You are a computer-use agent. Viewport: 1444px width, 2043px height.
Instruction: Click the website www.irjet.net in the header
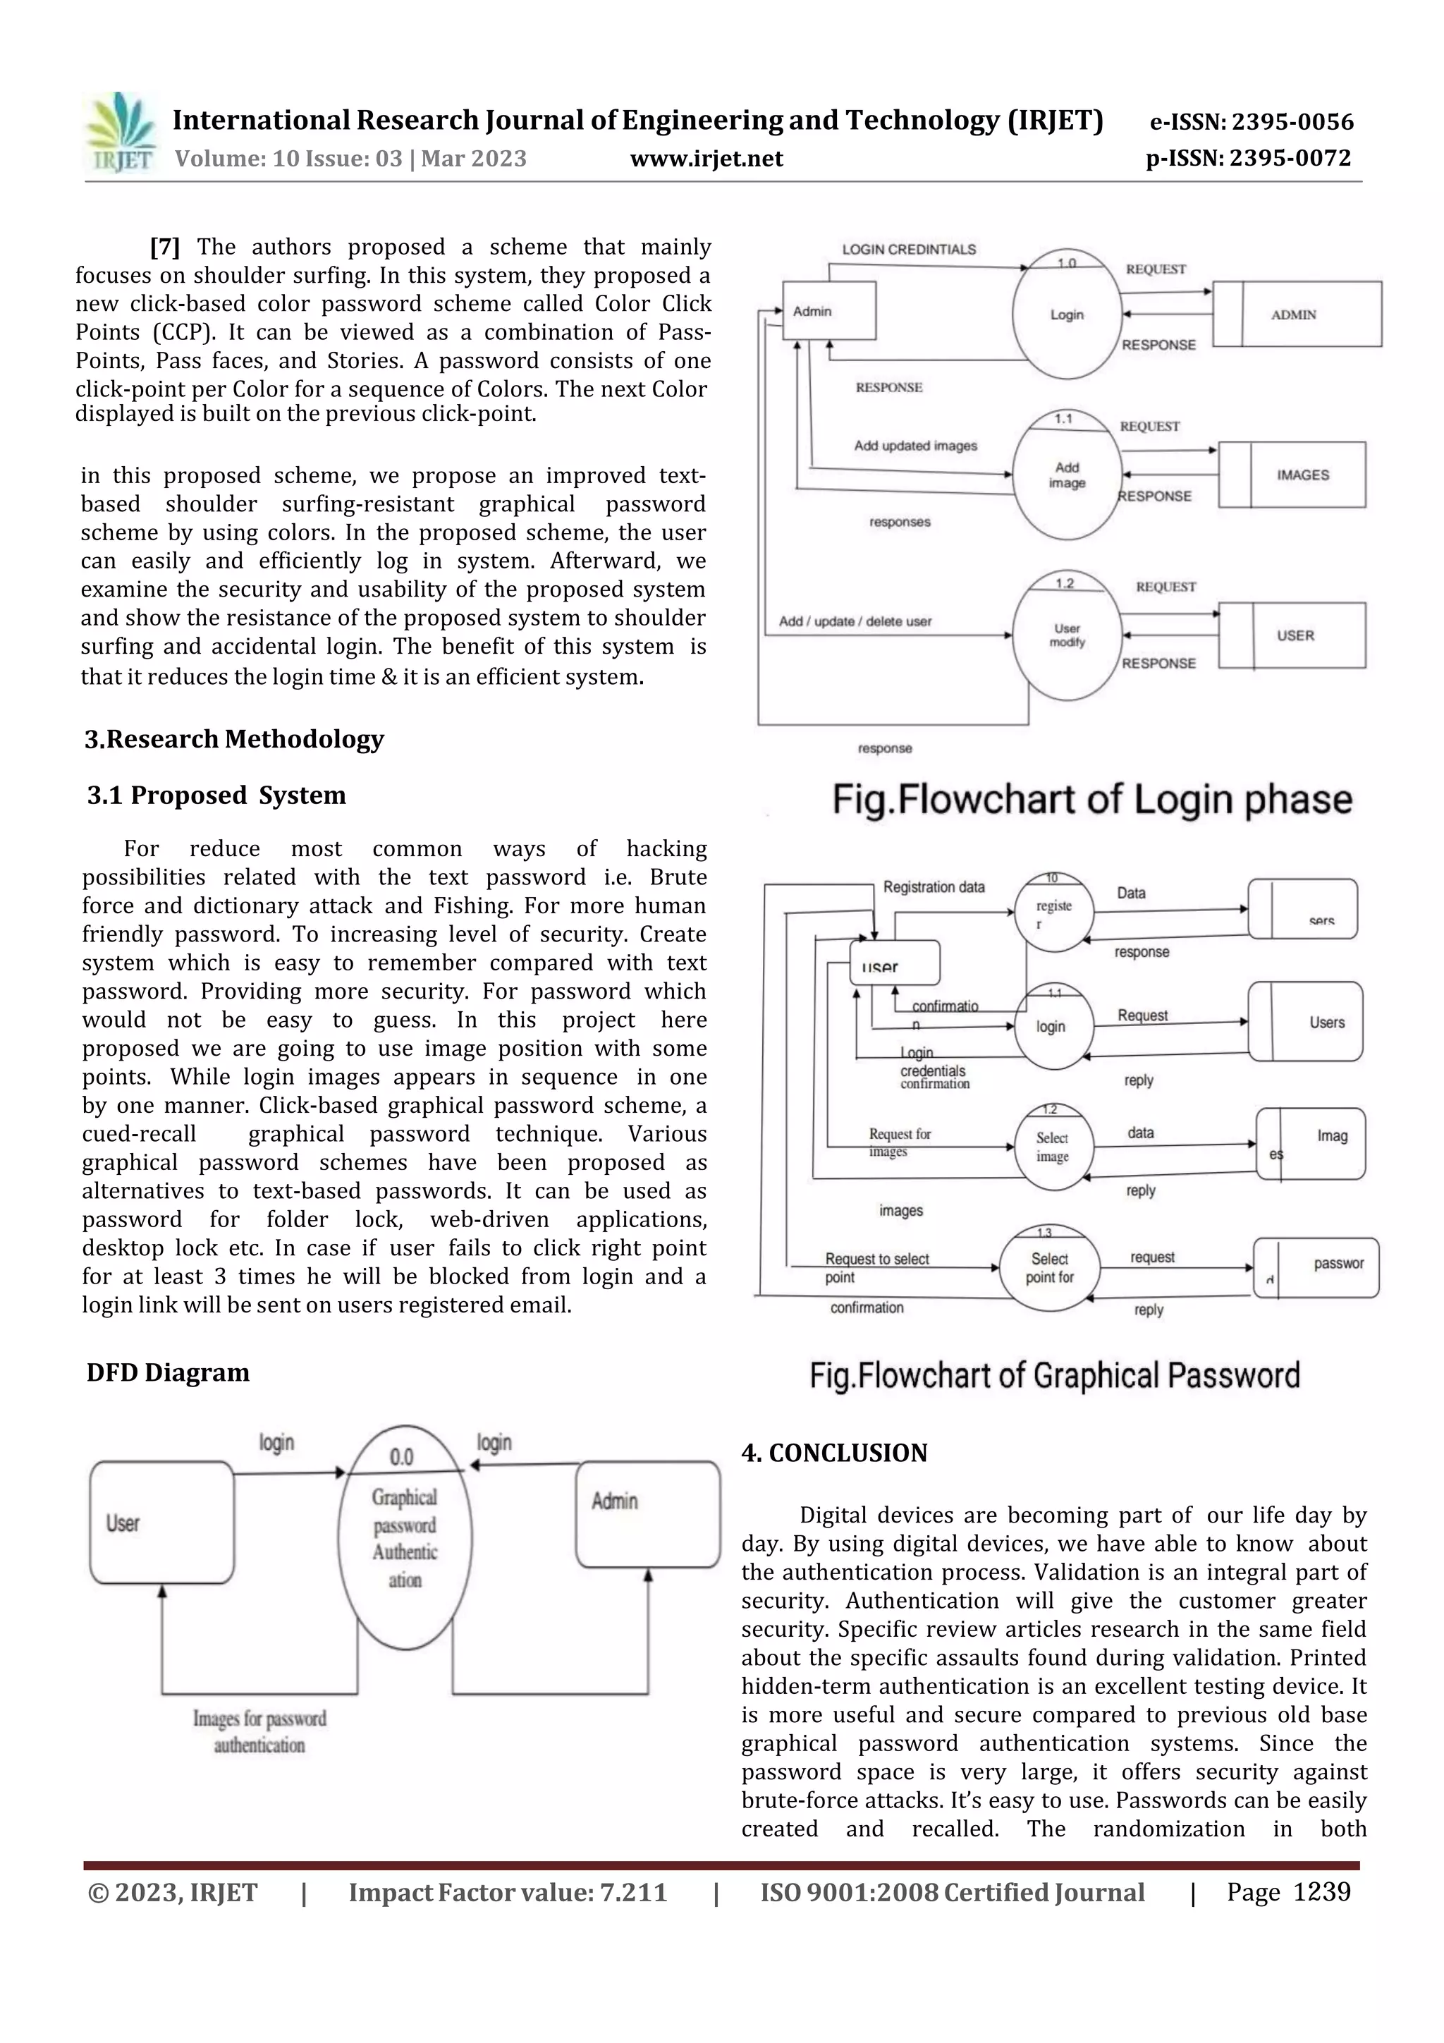pos(706,159)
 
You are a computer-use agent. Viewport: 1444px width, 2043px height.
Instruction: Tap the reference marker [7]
pos(164,247)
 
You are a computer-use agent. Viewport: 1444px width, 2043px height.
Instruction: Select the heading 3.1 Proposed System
pos(216,795)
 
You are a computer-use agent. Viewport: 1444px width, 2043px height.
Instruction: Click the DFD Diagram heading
pos(168,1372)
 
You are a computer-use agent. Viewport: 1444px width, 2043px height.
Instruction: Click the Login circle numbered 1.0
pos(1066,314)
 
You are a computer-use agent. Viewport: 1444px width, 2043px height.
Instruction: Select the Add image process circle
pos(1066,475)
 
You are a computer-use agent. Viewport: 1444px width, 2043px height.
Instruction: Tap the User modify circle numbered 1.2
pos(1066,635)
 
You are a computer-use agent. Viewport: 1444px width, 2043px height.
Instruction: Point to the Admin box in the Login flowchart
pos(828,310)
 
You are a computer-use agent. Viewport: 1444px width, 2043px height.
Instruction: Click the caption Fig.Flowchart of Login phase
pos(1091,799)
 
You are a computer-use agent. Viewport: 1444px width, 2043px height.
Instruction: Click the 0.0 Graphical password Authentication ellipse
pos(405,1537)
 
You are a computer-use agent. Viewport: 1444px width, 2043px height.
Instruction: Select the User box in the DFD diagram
pos(162,1523)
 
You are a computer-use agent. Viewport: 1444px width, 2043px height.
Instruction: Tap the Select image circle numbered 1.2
pos(1053,1148)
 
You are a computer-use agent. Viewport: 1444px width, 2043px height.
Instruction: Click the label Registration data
pos(934,887)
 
